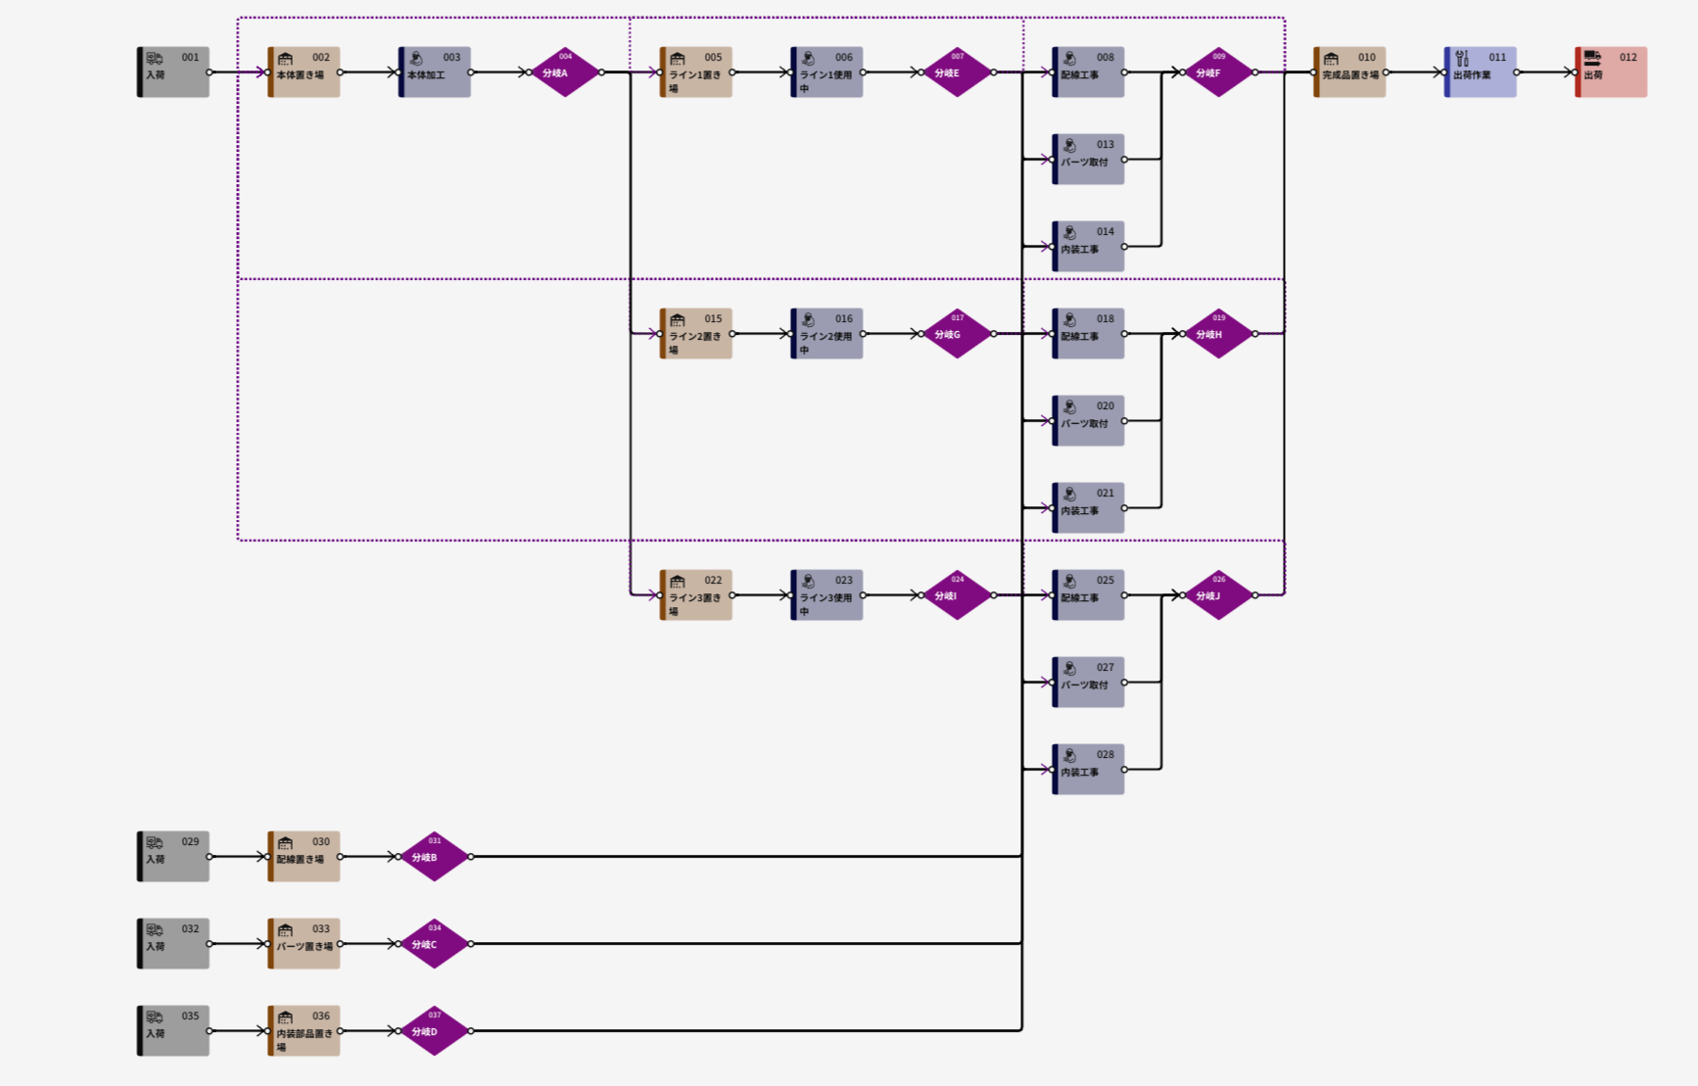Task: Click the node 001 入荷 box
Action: (x=173, y=72)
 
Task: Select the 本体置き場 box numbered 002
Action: (x=305, y=72)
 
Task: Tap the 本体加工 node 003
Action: (x=435, y=72)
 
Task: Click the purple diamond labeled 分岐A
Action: (x=565, y=72)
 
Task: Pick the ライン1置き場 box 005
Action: (x=696, y=72)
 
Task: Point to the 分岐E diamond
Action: (x=957, y=72)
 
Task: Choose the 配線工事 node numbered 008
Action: (x=1088, y=72)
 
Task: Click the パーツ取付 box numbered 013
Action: (x=1088, y=160)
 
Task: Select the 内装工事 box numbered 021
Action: (x=1088, y=508)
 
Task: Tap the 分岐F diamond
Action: (x=1218, y=72)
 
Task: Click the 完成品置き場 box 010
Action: (x=1349, y=72)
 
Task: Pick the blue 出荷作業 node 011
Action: (x=1481, y=72)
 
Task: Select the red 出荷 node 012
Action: (x=1611, y=72)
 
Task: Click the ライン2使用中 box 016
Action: (x=826, y=334)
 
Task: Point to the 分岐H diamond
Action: (x=1218, y=334)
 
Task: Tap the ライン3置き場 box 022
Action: (x=696, y=595)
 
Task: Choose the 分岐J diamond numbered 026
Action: (x=1218, y=595)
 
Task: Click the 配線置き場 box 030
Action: (x=305, y=857)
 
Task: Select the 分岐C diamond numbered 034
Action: (x=435, y=944)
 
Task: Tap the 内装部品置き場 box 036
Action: (x=305, y=1031)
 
